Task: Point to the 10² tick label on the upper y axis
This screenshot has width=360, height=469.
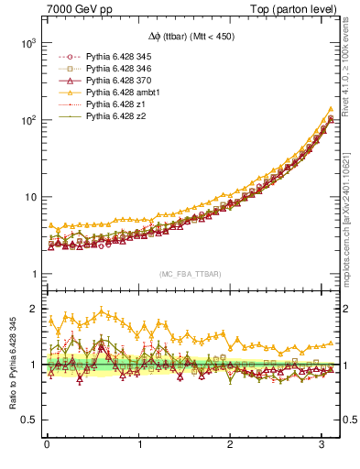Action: tap(27, 120)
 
